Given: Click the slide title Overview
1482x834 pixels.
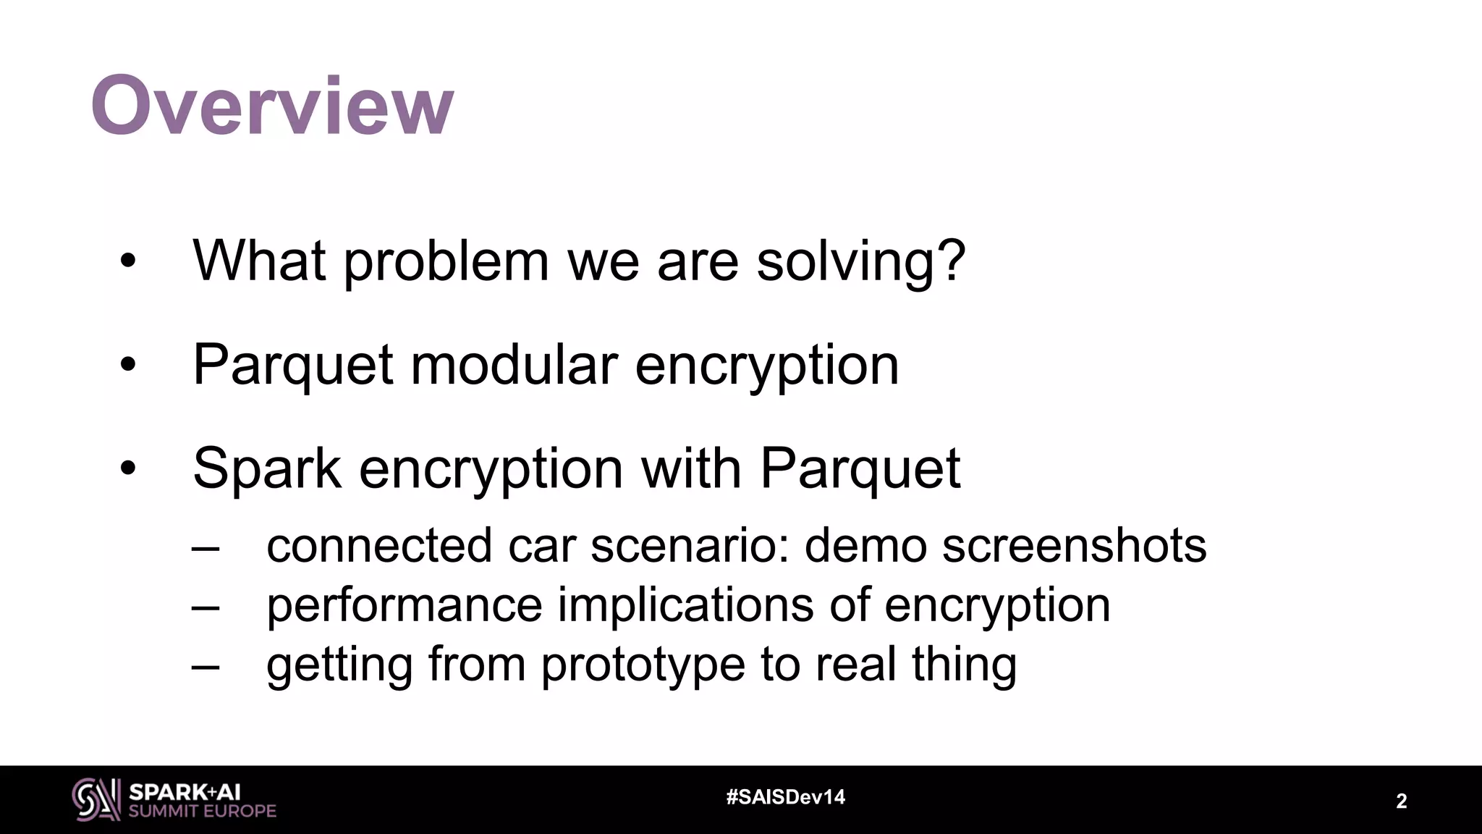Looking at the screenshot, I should pyautogui.click(x=272, y=106).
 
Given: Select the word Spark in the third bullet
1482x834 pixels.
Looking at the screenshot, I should pyautogui.click(x=266, y=468).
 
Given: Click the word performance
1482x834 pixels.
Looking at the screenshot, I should pyautogui.click(x=404, y=605).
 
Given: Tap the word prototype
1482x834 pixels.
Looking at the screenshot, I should pyautogui.click(x=643, y=665).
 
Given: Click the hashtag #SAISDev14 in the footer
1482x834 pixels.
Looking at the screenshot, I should pyautogui.click(x=785, y=797).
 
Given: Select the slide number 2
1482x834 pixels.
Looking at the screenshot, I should pyautogui.click(x=1401, y=801).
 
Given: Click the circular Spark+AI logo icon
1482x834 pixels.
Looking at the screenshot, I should pyautogui.click(x=96, y=799).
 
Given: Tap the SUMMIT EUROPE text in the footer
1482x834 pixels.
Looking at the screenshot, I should pyautogui.click(x=202, y=812).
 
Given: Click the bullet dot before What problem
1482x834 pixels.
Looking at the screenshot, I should pyautogui.click(x=128, y=262).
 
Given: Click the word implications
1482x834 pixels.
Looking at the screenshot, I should pyautogui.click(x=685, y=605).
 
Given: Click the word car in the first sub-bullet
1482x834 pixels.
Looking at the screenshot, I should pyautogui.click(x=541, y=545).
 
